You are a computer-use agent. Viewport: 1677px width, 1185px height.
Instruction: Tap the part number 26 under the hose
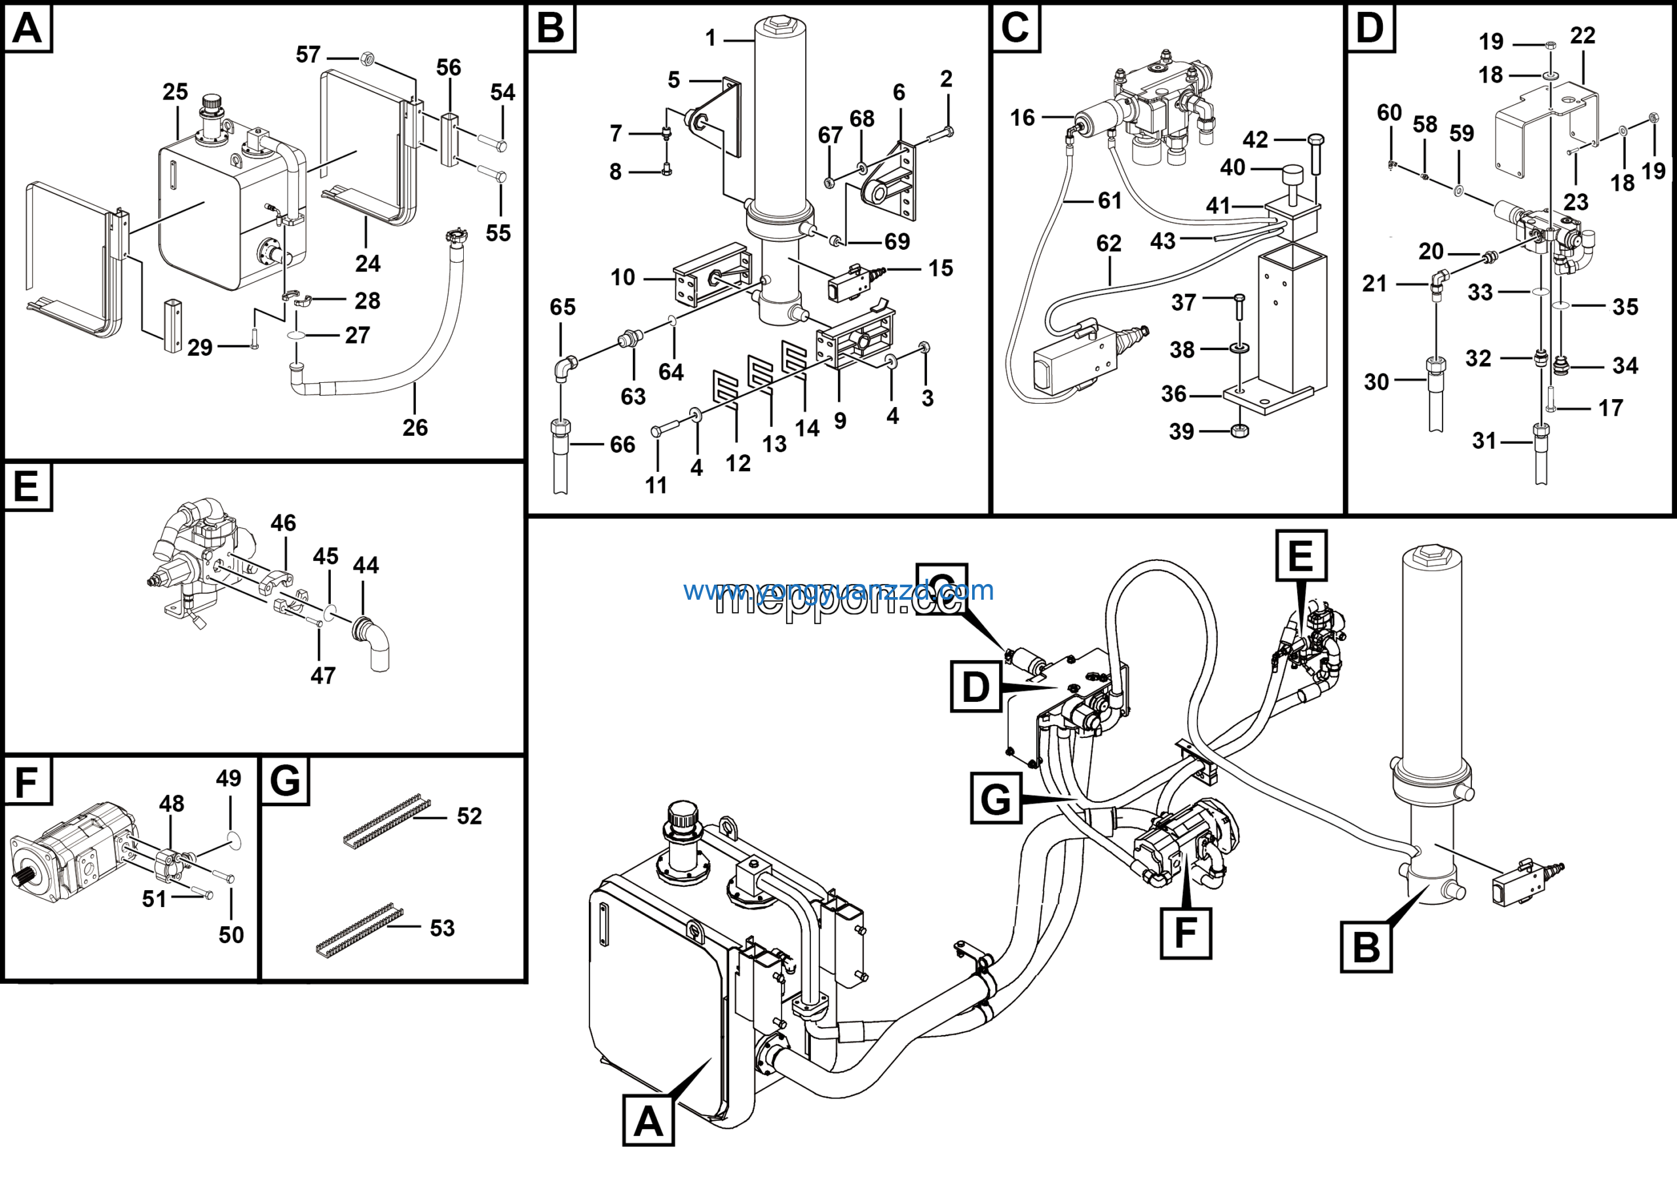415,427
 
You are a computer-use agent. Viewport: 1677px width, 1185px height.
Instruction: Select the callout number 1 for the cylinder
711,38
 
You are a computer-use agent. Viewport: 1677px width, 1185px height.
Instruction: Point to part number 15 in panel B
941,268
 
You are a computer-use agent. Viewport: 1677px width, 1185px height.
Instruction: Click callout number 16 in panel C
1022,117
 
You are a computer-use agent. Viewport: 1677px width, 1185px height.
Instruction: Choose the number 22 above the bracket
1582,35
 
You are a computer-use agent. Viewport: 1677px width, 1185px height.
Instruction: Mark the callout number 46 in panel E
284,523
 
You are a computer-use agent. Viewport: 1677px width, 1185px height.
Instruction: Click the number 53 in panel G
442,928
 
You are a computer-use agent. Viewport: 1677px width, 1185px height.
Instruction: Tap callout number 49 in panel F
229,778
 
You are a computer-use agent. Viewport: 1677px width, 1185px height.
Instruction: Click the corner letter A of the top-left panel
28,28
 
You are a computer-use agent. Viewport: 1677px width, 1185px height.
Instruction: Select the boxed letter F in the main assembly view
1186,932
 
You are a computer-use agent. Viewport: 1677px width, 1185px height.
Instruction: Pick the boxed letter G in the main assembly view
996,798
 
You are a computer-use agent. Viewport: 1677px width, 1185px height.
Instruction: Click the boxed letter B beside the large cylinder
1366,947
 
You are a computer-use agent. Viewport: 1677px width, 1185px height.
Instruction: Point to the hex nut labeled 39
1239,431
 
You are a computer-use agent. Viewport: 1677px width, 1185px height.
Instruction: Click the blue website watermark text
838,591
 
